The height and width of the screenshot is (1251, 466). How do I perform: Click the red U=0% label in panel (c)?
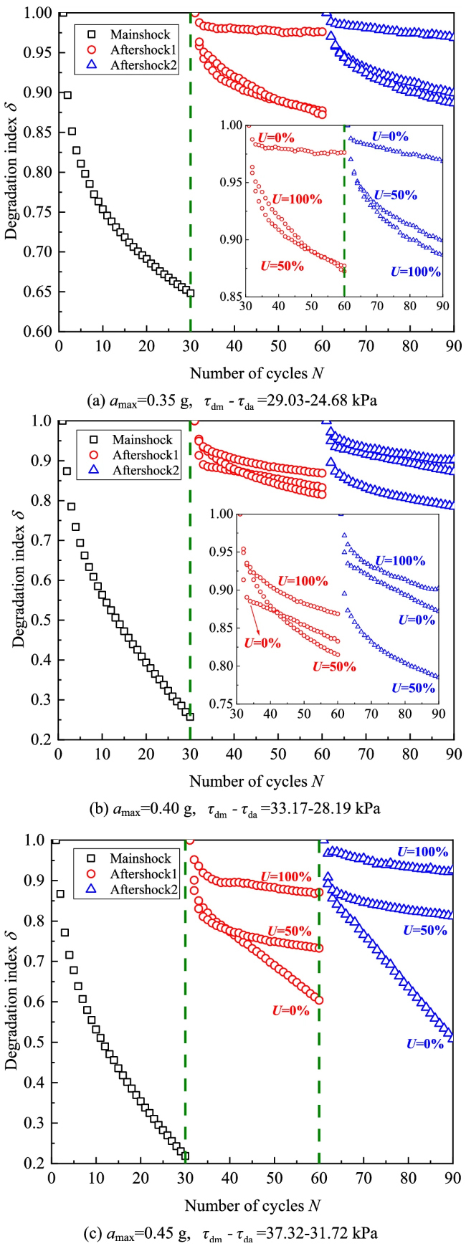point(290,1011)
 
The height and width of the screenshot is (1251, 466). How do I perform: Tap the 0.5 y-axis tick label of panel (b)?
point(44,620)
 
